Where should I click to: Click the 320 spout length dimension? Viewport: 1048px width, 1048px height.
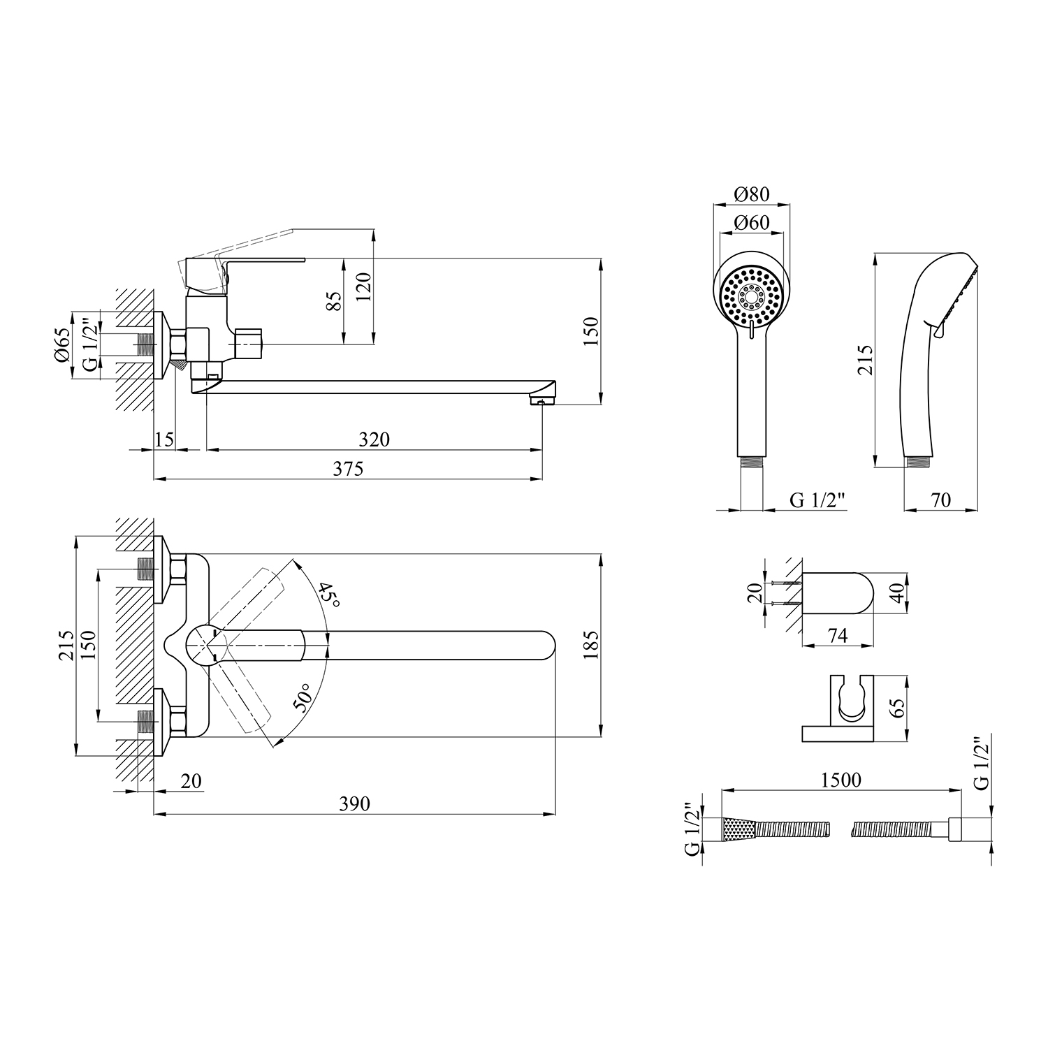[x=374, y=439]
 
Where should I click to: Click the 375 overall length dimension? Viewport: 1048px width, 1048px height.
[x=348, y=468]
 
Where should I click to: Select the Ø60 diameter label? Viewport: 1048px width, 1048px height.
[x=752, y=223]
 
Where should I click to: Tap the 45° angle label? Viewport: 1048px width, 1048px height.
[x=329, y=595]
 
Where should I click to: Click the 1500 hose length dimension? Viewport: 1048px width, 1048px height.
[x=841, y=779]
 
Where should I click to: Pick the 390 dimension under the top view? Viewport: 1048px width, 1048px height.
[x=354, y=803]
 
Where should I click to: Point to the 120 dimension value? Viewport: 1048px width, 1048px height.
[x=365, y=286]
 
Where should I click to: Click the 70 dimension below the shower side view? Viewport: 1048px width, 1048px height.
[x=940, y=500]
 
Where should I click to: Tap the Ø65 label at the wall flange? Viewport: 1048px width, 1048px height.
[x=61, y=344]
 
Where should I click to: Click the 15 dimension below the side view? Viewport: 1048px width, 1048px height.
[x=164, y=439]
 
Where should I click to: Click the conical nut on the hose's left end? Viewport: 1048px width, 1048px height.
[x=739, y=829]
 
